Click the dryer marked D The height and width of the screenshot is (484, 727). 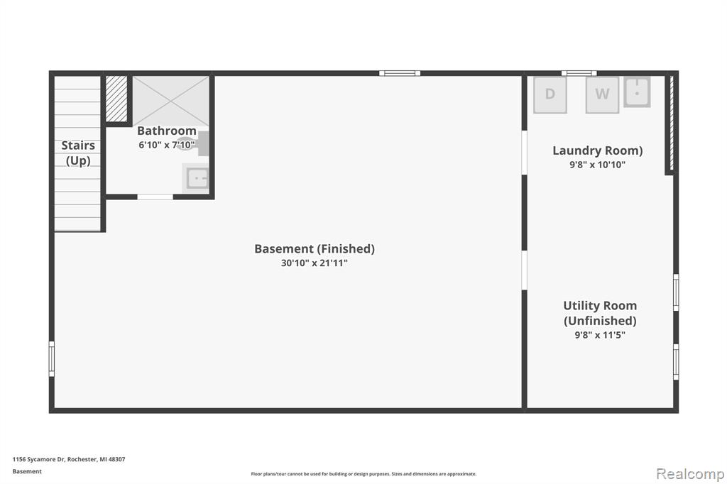click(550, 94)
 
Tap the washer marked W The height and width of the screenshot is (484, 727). click(602, 94)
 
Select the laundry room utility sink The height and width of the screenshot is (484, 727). click(637, 92)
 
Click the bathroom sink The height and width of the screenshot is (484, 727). click(197, 178)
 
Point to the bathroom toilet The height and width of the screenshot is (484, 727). click(194, 144)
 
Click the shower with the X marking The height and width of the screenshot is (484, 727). click(171, 101)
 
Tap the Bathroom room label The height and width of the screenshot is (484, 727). click(167, 131)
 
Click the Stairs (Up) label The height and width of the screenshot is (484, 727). click(78, 153)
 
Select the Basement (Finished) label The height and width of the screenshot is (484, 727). click(315, 249)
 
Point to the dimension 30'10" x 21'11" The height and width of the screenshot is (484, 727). click(315, 263)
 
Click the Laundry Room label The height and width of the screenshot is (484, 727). click(597, 150)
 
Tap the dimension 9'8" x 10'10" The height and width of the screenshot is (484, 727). click(597, 165)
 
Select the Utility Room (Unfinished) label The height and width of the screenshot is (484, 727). click(600, 314)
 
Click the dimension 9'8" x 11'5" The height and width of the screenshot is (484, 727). click(600, 335)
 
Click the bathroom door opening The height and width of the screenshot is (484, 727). click(155, 197)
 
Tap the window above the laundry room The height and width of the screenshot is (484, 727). click(579, 73)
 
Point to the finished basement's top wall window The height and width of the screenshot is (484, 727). click(400, 73)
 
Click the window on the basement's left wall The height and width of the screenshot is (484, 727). click(51, 359)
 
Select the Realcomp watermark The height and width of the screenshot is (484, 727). click(690, 474)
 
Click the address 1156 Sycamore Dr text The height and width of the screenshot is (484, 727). click(38, 459)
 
